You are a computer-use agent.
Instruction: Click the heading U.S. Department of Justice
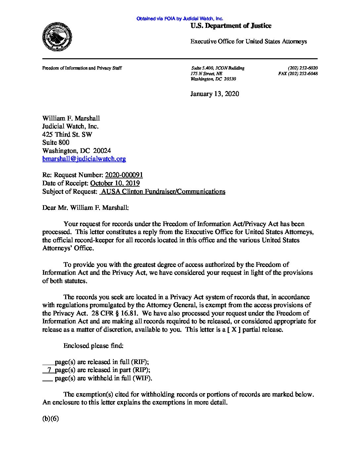pos(231,25)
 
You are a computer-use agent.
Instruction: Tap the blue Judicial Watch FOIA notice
pos(180,19)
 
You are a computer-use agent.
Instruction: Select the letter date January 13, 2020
pos(214,94)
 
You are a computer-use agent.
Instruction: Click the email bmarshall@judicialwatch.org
pos(84,159)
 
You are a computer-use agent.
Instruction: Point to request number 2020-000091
pos(124,175)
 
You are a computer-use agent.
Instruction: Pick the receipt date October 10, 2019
pos(114,183)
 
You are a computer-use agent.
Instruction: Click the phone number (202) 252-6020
pos(303,68)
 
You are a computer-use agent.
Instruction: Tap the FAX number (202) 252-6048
pos(298,74)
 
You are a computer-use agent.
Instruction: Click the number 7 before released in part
pos(49,370)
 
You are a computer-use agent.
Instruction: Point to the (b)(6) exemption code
pos(50,419)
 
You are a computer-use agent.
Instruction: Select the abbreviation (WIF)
pos(142,378)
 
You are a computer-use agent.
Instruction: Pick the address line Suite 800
pos(56,143)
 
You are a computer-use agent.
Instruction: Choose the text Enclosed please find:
pos(94,346)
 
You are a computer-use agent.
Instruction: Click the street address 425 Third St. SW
pos(67,134)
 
